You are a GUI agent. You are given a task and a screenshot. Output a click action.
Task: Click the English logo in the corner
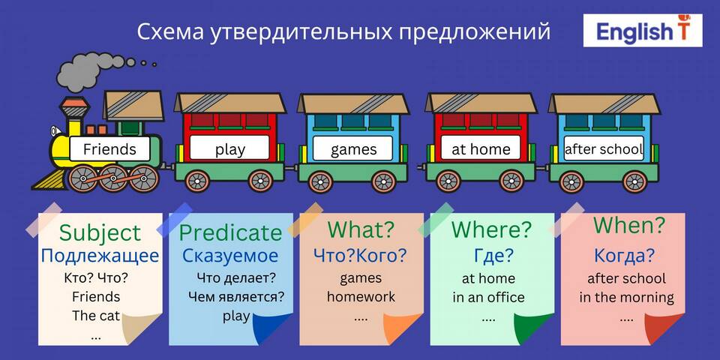pos(643,30)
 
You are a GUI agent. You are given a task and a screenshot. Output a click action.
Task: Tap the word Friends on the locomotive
pos(109,149)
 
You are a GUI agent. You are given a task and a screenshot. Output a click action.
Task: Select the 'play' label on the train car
pos(230,150)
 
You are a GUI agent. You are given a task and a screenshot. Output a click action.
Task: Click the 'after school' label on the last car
pos(603,149)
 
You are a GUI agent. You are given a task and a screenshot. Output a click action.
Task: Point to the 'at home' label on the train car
pos(481,149)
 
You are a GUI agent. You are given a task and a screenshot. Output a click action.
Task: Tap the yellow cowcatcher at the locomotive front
pos(49,179)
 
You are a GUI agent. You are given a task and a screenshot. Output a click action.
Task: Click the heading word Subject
pos(100,232)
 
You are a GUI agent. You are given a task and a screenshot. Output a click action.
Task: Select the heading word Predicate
pos(230,232)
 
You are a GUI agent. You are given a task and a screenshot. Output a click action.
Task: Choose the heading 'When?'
pos(629,225)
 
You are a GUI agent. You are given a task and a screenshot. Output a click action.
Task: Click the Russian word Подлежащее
pos(100,256)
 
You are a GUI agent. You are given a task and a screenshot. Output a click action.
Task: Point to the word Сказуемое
pos(230,256)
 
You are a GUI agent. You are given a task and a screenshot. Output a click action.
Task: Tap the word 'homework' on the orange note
pos(361,296)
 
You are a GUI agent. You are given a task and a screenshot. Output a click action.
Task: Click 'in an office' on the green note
pos(488,297)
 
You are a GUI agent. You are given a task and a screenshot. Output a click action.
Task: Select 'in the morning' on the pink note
pos(626,297)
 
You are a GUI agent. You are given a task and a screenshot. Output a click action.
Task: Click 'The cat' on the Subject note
pos(96,316)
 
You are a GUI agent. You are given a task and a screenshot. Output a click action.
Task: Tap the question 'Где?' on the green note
pos(493,256)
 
